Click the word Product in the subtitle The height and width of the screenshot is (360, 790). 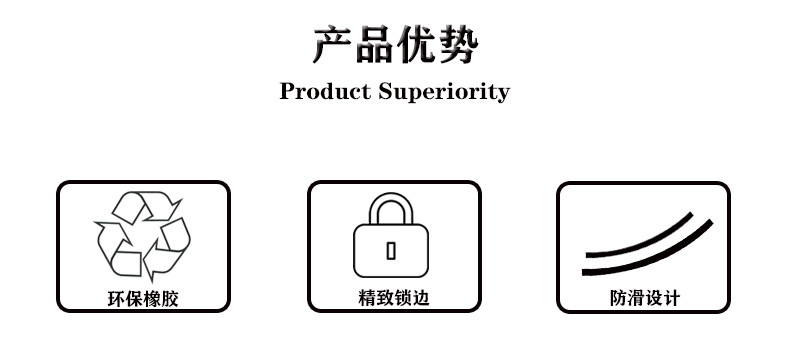pyautogui.click(x=323, y=92)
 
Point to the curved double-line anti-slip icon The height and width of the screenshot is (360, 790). pyautogui.click(x=646, y=246)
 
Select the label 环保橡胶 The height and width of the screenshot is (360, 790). pyautogui.click(x=143, y=298)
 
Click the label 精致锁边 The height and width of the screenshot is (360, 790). pyautogui.click(x=393, y=298)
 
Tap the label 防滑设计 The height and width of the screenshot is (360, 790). pyautogui.click(x=644, y=298)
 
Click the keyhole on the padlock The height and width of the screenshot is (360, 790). pyautogui.click(x=391, y=250)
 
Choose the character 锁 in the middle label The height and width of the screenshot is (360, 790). pyautogui.click(x=402, y=298)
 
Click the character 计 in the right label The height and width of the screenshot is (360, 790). pyautogui.click(x=671, y=298)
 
